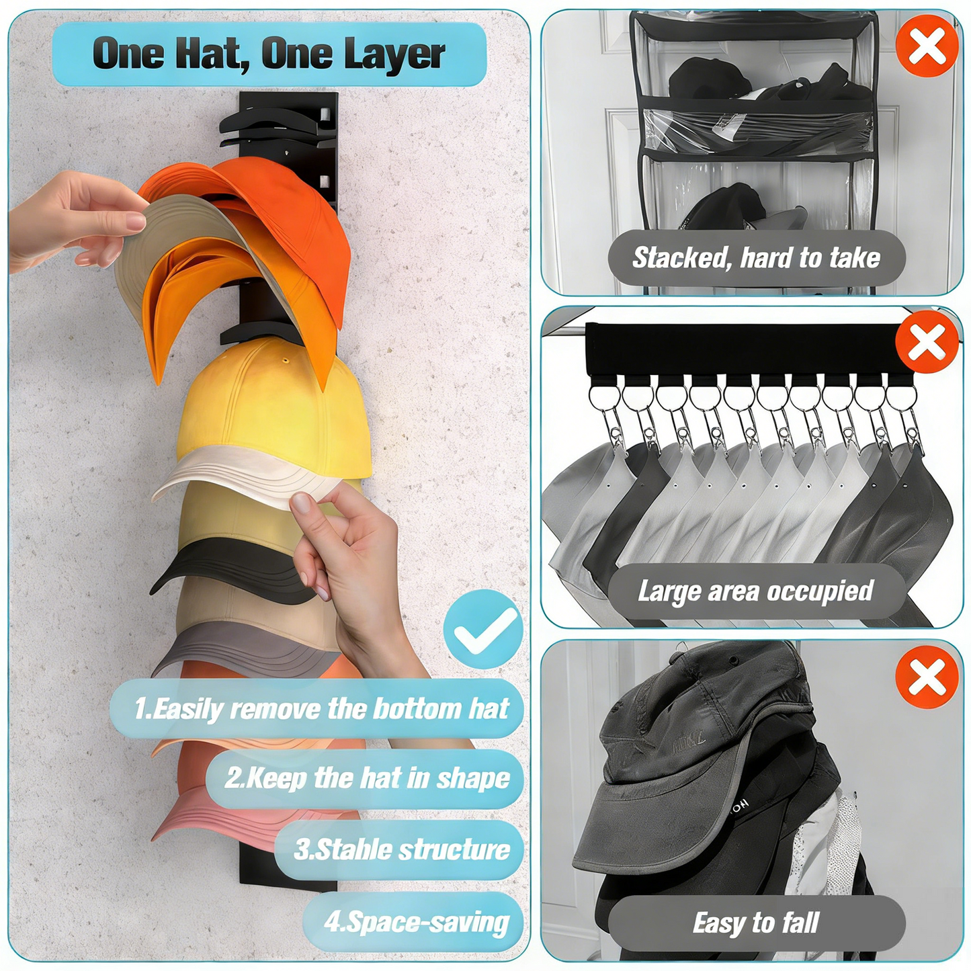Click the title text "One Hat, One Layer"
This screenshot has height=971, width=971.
point(269,54)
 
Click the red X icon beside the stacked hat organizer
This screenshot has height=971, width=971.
point(927,46)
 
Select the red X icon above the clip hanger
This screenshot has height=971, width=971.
point(927,342)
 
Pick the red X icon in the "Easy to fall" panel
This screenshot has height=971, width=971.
point(927,677)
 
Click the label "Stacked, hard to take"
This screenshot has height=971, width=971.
point(756,258)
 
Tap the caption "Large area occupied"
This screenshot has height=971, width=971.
point(755,591)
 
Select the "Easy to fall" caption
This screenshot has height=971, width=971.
point(755,923)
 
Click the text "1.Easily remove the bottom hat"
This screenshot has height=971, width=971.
point(321,709)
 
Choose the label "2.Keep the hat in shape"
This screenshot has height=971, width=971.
point(367,778)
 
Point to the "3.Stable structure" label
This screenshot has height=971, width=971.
point(401,850)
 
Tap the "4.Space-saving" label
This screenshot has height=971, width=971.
point(416,922)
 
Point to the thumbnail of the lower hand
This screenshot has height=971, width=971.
point(302,502)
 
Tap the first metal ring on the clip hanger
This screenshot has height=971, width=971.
point(603,396)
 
